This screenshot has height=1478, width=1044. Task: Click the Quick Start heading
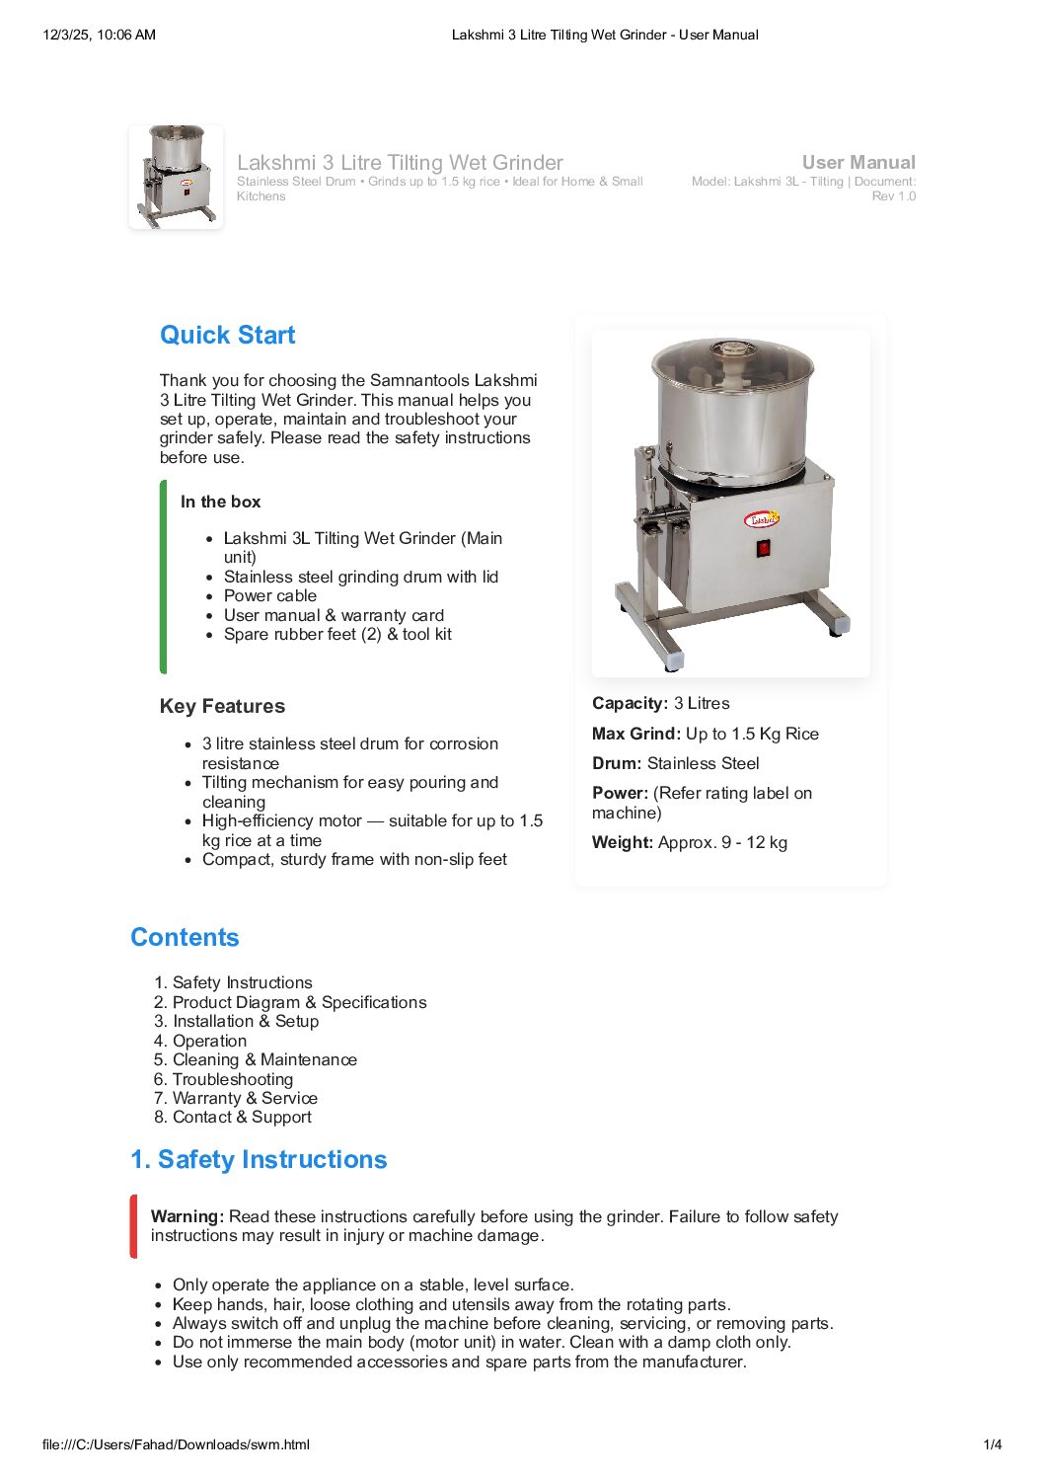227,335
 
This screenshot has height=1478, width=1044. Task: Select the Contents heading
185,937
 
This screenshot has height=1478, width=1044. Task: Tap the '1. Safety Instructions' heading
259,1159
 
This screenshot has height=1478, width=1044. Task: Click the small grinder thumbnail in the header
176,177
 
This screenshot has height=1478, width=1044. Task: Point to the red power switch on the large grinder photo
763,548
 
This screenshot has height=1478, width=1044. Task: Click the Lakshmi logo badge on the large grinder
762,518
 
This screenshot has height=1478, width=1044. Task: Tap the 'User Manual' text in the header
858,162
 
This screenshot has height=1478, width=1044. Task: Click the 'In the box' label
220,502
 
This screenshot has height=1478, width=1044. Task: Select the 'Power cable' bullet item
269,595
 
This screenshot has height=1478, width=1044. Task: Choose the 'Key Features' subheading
222,706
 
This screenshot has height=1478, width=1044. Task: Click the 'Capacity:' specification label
630,703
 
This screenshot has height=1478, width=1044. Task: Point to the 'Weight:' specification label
623,842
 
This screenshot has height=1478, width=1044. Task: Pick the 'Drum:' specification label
617,763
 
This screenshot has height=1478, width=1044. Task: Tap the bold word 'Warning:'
187,1216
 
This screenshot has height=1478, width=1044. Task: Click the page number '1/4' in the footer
993,1444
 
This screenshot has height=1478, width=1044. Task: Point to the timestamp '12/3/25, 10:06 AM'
100,35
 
